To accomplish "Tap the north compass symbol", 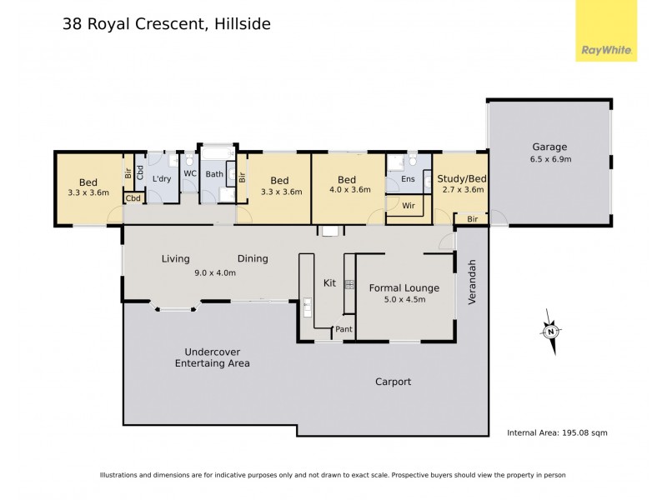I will [x=550, y=330].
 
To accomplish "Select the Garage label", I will [x=550, y=147].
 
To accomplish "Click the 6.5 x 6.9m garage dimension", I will [x=550, y=159].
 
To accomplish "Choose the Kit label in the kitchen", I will [x=329, y=283].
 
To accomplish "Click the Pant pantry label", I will [x=344, y=330].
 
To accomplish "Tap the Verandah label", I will [x=472, y=282].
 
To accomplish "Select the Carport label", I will [x=393, y=382].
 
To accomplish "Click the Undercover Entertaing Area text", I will [x=212, y=357].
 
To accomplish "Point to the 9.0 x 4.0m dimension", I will [x=215, y=272].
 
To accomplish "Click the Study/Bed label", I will [x=462, y=178].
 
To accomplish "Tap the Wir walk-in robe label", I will [x=409, y=204].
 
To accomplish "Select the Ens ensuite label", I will [x=408, y=179].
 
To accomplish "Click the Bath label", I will [x=214, y=174].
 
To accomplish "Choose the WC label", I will [x=189, y=174].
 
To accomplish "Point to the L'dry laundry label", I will [x=162, y=179].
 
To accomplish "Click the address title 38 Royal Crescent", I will [x=166, y=24].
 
